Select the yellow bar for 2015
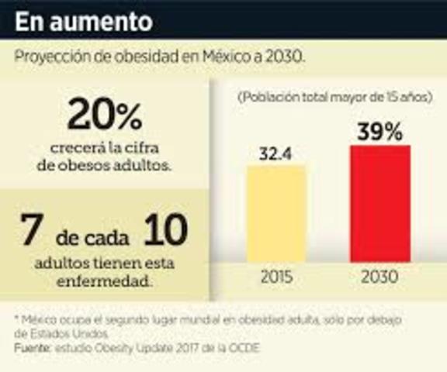pos(276,215)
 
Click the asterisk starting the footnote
pos(16,319)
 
